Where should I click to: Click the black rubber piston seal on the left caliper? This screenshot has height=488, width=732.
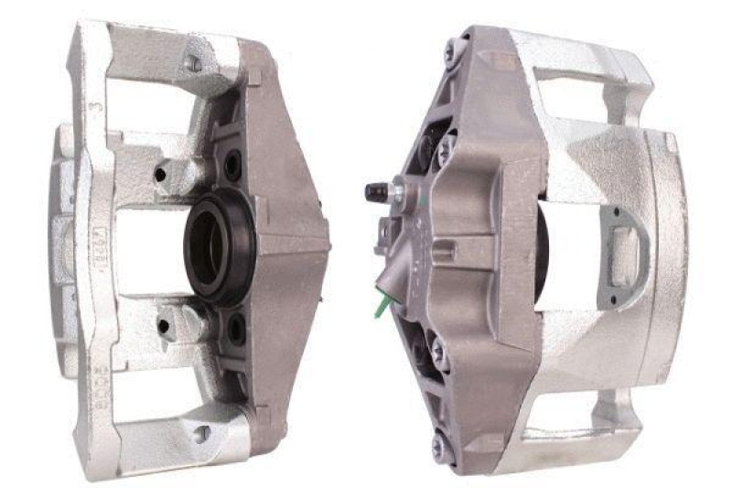[219, 248]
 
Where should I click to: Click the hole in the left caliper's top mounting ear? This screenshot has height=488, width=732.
[194, 64]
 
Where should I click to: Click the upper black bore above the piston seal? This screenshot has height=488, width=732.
[232, 166]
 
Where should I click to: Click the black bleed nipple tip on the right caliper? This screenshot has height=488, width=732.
[374, 191]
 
